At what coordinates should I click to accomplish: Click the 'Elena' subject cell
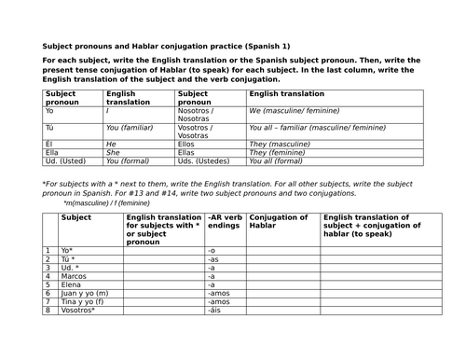71,288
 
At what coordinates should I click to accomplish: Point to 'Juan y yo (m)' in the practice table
81,299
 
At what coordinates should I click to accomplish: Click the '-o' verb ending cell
212,252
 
